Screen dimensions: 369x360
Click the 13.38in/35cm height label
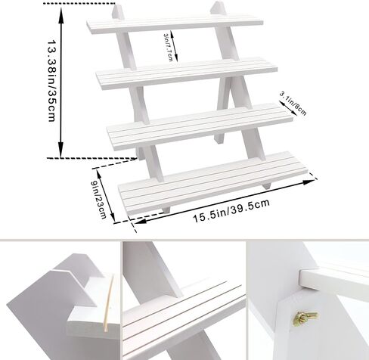pyautogui.click(x=51, y=80)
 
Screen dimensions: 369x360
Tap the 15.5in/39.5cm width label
pyautogui.click(x=231, y=211)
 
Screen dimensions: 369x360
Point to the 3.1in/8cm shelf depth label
pyautogui.click(x=293, y=104)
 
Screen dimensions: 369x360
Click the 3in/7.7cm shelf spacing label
pyautogui.click(x=169, y=48)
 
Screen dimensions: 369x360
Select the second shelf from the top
pyautogui.click(x=187, y=73)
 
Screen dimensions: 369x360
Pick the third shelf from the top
pyautogui.click(x=200, y=126)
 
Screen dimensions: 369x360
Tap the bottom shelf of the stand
pyautogui.click(x=213, y=183)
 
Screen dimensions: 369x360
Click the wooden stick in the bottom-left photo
pyautogui.click(x=109, y=303)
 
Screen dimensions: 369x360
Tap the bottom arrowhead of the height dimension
pyautogui.click(x=61, y=149)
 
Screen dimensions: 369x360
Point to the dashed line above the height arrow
pyautogui.click(x=79, y=4)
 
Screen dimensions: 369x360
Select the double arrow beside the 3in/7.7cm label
pyautogui.click(x=174, y=46)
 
